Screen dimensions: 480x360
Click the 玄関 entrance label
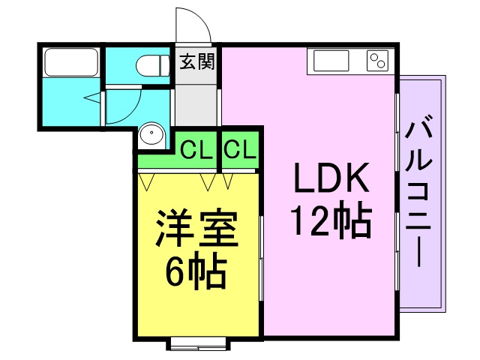[x=197, y=61]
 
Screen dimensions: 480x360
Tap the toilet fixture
[x=153, y=65]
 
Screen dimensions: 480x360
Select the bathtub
[x=71, y=62]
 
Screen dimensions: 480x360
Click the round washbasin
[x=151, y=134]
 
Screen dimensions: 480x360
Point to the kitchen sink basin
[x=331, y=60]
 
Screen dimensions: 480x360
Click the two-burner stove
[x=377, y=60]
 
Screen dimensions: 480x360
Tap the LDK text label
[x=331, y=178]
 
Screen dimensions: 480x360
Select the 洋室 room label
[x=197, y=228]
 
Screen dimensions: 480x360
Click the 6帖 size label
[x=196, y=270]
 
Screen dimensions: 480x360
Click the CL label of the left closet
[x=196, y=150]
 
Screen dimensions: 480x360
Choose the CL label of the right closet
[x=240, y=149]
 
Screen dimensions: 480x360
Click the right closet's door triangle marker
[x=228, y=181]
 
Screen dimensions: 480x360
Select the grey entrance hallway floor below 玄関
[x=196, y=105]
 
